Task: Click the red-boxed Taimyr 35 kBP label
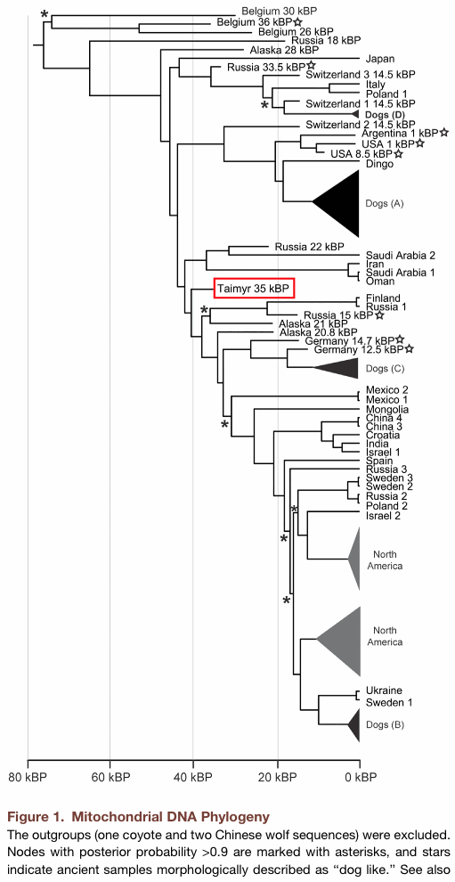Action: pyautogui.click(x=254, y=288)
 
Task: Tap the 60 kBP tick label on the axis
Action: pyautogui.click(x=110, y=777)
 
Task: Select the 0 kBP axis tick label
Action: pyautogui.click(x=360, y=777)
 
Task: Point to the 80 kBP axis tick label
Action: pyautogui.click(x=28, y=777)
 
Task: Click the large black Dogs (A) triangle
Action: pyautogui.click(x=337, y=204)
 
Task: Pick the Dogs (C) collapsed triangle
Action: pyautogui.click(x=338, y=368)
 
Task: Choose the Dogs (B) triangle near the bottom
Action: pyautogui.click(x=353, y=724)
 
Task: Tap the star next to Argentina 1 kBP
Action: pyautogui.click(x=444, y=133)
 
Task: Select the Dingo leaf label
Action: pyautogui.click(x=378, y=164)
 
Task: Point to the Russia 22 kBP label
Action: pyautogui.click(x=309, y=247)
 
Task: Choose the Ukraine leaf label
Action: pyautogui.click(x=384, y=690)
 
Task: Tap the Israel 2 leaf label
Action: pyautogui.click(x=383, y=516)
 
